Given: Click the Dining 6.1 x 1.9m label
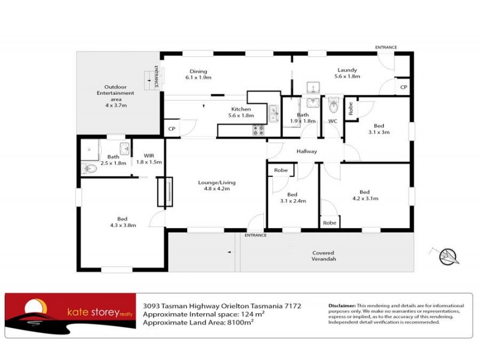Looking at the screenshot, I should coord(198,74).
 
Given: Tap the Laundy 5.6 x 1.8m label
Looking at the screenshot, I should coord(348,73).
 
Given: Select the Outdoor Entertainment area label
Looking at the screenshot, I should coord(115,95).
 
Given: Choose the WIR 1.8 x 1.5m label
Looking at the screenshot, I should coord(149,159).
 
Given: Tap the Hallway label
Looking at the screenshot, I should coord(307,151).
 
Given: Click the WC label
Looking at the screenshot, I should coord(332,121).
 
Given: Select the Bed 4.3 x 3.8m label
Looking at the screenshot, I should coord(122,222).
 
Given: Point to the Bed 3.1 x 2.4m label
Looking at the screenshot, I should coord(292,197).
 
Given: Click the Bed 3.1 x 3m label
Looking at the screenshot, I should coord(379,128).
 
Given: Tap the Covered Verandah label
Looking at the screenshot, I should coord(323,256).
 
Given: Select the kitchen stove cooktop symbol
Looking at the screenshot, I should coord(259,129).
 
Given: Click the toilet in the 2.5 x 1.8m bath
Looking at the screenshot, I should coord(89,169).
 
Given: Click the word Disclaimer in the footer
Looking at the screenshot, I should coord(342,305).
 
